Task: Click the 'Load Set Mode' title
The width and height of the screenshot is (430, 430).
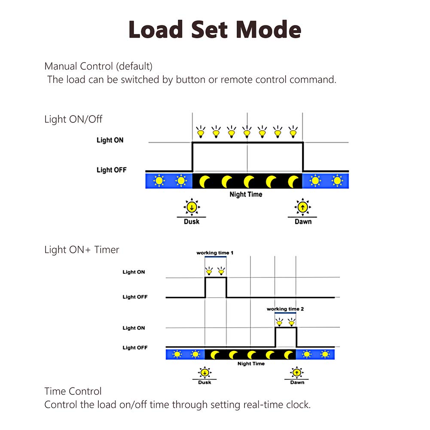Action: coord(215,29)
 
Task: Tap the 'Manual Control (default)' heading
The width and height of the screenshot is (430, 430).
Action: coord(98,66)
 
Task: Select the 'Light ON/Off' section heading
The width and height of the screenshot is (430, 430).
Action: coord(73,119)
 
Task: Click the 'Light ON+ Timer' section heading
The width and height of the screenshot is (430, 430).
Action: coord(82,250)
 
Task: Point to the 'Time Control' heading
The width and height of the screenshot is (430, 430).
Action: coord(73,391)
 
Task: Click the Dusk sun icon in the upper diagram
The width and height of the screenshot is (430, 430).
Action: coord(192,207)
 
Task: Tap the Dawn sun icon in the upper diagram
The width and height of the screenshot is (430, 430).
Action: coord(303,207)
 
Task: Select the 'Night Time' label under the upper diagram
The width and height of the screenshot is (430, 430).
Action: coord(246,195)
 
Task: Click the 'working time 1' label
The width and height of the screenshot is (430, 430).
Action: coord(215,253)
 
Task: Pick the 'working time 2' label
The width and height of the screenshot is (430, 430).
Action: coord(285,309)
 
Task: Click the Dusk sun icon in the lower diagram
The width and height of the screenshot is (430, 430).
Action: coord(204,372)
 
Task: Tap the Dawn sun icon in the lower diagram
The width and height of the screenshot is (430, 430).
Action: coord(297,372)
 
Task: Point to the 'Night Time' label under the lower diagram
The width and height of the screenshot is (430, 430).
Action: coord(251,364)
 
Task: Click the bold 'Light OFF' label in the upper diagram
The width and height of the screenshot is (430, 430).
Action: coord(112,170)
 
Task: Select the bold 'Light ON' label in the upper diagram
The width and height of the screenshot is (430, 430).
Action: coord(110,140)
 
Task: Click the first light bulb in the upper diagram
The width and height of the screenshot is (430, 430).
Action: coord(201,131)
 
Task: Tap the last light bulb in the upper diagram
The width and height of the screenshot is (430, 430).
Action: coord(293,131)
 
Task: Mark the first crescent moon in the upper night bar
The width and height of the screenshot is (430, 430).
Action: coord(204,182)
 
